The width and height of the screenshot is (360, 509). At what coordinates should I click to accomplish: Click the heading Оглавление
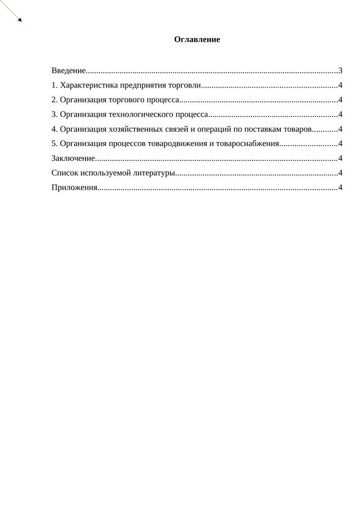pos(197,39)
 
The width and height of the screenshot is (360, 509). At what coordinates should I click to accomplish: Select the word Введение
pos(68,71)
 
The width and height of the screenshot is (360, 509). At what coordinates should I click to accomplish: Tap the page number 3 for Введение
pos(340,71)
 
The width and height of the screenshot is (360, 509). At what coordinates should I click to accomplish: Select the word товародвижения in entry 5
pos(177,144)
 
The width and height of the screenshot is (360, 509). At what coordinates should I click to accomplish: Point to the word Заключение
pos(73,158)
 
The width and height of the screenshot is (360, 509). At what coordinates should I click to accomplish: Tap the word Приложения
pos(74,188)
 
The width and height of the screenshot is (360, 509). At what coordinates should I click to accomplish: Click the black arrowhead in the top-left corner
pos(19,20)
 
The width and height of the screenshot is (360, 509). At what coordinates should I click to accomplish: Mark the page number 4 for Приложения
pos(340,188)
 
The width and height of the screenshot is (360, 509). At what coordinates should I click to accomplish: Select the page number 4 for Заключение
pos(340,158)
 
